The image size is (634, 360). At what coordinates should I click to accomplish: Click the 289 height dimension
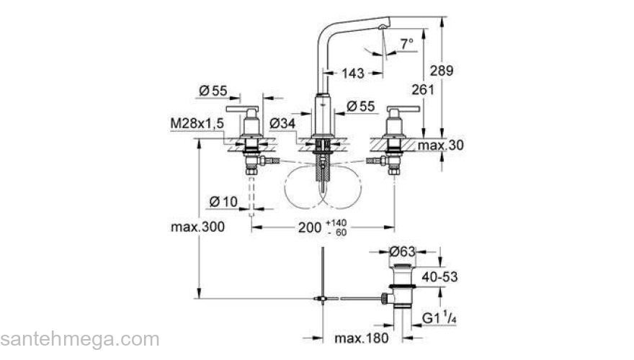pyautogui.click(x=442, y=70)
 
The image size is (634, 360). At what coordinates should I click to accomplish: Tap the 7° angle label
pyautogui.click(x=407, y=44)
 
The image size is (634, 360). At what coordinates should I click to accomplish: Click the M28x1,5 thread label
pyautogui.click(x=197, y=124)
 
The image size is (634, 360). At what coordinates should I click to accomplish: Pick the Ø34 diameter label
pyautogui.click(x=283, y=124)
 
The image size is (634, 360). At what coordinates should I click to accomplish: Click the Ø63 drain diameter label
pyautogui.click(x=403, y=252)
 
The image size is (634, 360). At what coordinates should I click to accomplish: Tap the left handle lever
pyautogui.click(x=241, y=109)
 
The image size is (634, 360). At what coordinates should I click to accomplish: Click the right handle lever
pyautogui.click(x=403, y=109)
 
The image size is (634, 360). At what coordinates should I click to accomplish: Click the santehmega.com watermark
pyautogui.click(x=79, y=338)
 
